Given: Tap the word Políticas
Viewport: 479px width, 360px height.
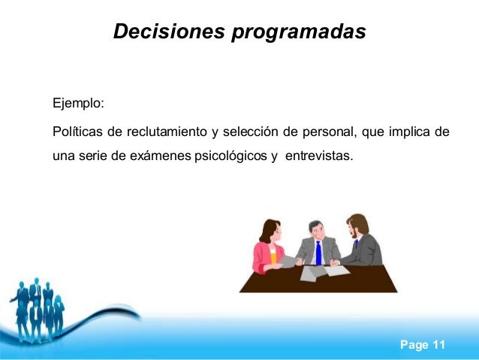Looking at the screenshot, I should (77, 133).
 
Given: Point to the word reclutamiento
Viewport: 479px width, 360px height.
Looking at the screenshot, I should (165, 133).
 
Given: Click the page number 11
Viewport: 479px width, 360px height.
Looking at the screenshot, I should (437, 345).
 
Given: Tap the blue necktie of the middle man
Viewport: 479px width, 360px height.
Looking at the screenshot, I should (318, 252).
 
